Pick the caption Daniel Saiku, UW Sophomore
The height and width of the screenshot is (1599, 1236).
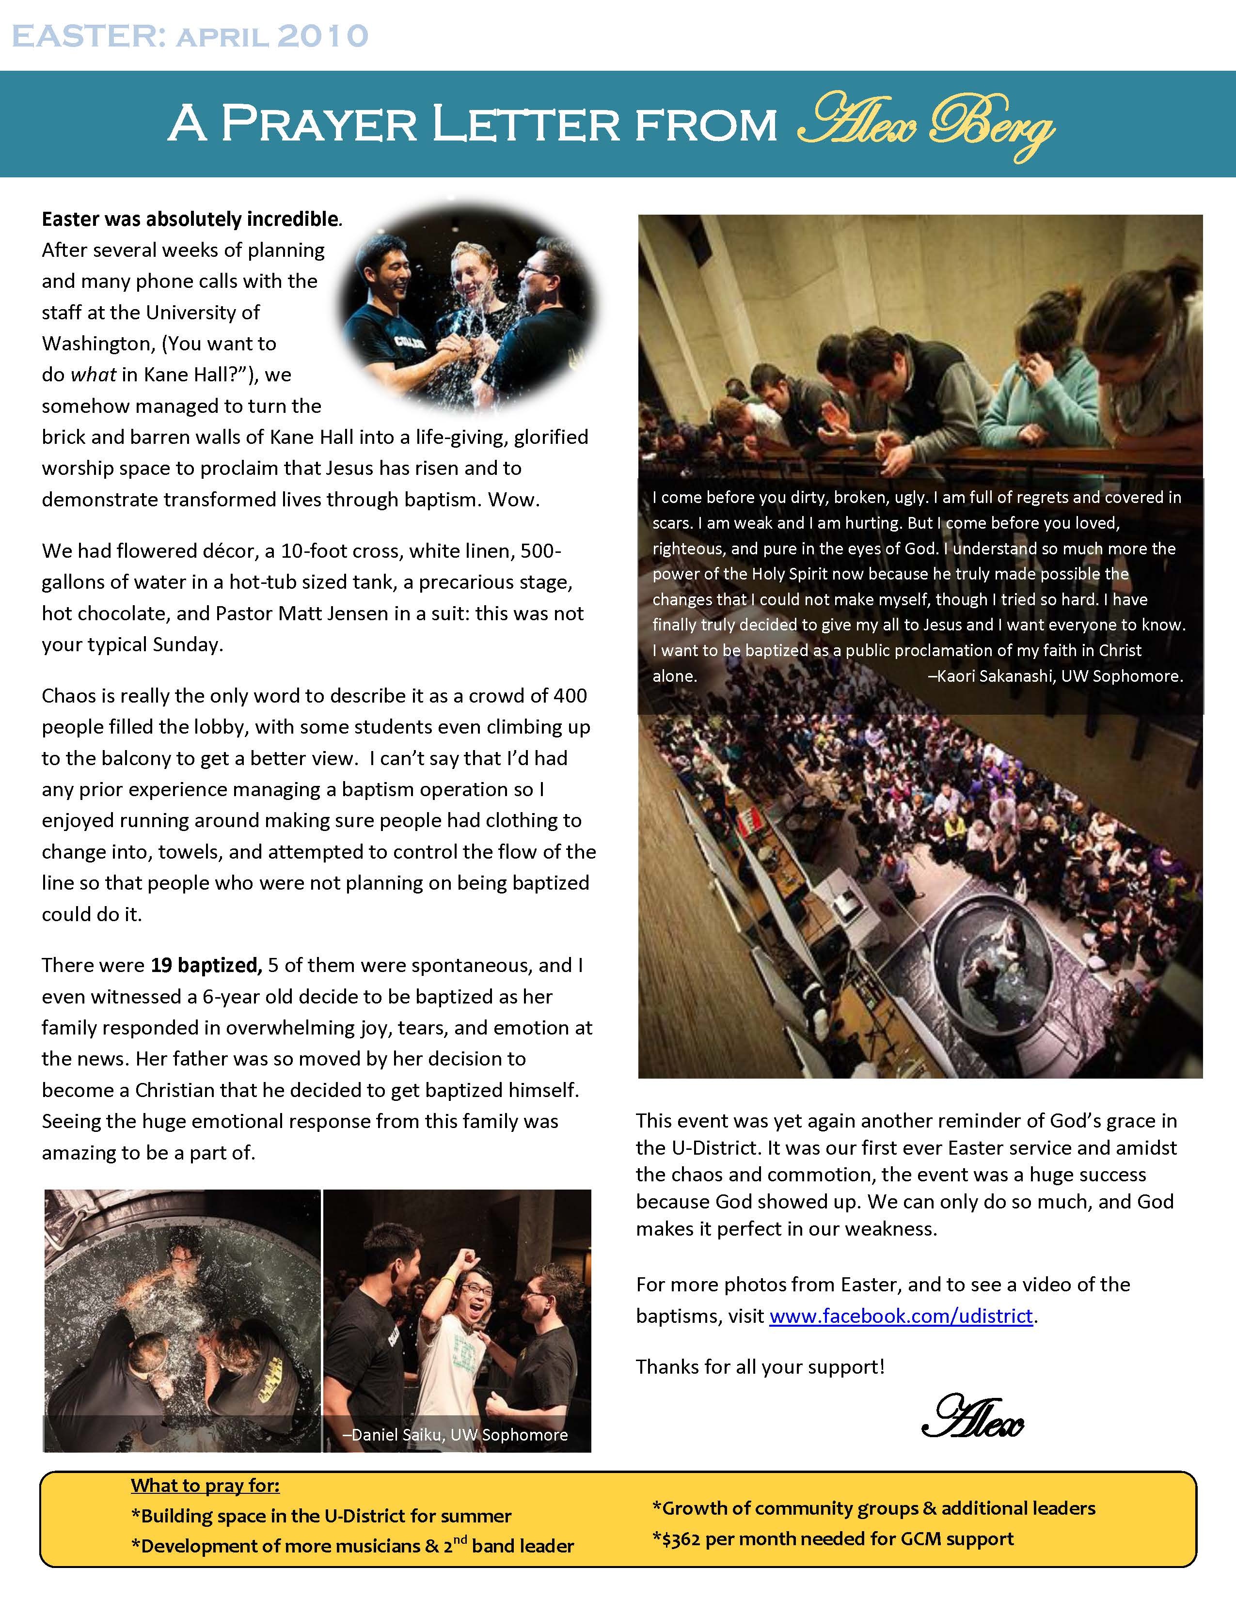[x=456, y=1434]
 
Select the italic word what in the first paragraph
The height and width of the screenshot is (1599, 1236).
[x=93, y=375]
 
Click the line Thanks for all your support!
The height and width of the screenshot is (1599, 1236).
[x=760, y=1366]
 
